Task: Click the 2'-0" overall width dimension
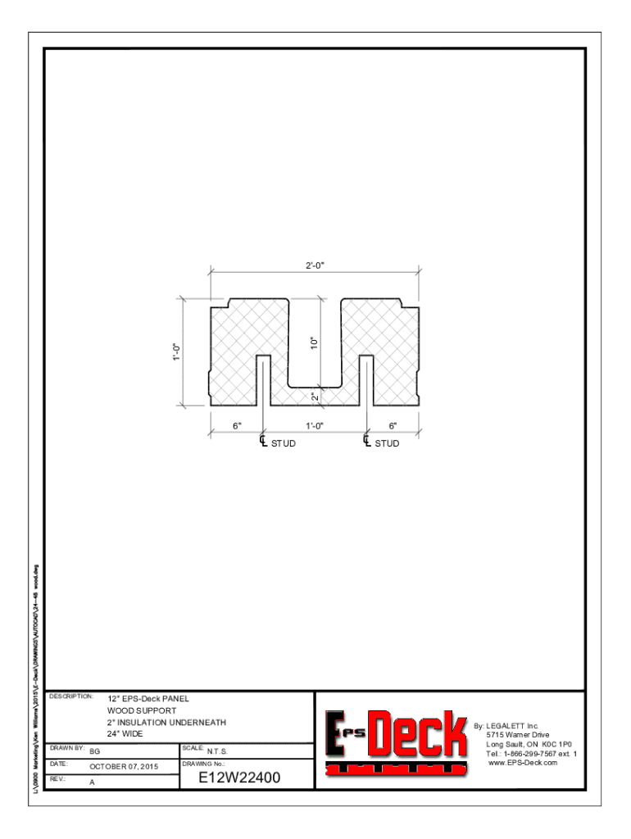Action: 315,266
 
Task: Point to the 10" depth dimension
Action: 314,342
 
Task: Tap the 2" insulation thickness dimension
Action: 315,397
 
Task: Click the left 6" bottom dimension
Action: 237,426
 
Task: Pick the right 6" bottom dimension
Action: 393,426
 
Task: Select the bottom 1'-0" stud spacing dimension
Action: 315,426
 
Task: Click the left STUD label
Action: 283,443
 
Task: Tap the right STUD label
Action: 387,443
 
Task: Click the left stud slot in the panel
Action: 263,381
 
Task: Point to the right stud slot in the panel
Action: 366,381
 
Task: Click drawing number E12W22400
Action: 239,778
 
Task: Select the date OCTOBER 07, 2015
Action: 123,767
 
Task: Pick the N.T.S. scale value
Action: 217,751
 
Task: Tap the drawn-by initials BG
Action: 94,751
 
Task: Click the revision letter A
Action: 92,782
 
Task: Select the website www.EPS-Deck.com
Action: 522,763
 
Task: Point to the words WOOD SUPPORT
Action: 141,710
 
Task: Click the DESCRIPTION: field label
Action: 70,696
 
